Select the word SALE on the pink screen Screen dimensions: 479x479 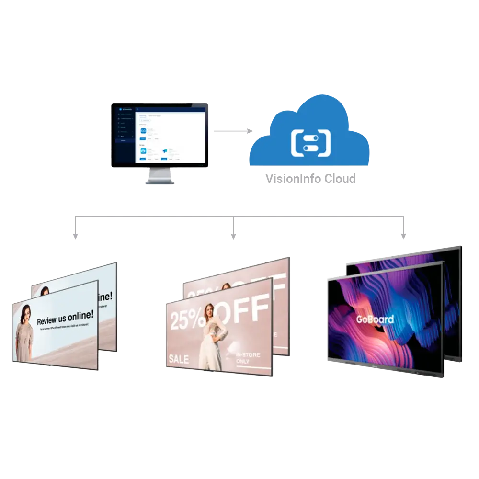(x=178, y=359)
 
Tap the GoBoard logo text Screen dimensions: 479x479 (x=375, y=319)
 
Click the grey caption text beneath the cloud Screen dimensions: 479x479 (x=310, y=179)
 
